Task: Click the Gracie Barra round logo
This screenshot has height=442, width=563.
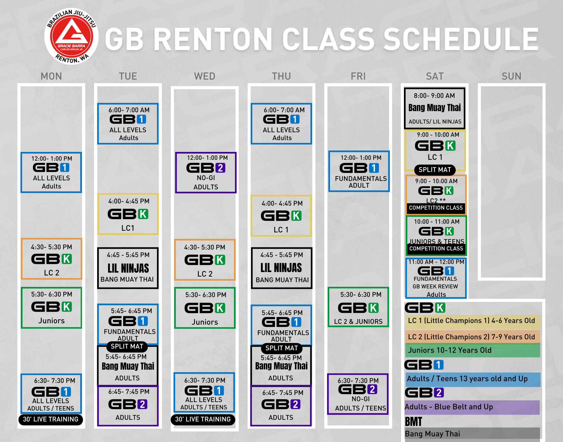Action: (x=71, y=36)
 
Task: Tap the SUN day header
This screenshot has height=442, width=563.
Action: (x=511, y=76)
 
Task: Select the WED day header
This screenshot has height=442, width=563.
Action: (x=205, y=76)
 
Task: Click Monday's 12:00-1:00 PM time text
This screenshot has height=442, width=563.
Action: (x=52, y=158)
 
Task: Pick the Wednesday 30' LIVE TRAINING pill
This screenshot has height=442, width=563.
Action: (x=203, y=419)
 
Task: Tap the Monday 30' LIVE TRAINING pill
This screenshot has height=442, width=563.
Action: (x=51, y=419)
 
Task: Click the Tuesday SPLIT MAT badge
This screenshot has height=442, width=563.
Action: (x=127, y=346)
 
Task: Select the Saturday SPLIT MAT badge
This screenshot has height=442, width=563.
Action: (x=435, y=170)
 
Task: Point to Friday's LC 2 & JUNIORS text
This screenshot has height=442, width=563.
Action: (x=358, y=321)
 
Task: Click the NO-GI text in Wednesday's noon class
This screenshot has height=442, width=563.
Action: (x=206, y=178)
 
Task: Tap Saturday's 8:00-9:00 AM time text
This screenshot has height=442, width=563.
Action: (x=434, y=96)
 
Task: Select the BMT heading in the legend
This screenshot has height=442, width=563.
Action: (x=413, y=422)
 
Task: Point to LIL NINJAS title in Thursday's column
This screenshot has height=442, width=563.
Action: (x=281, y=268)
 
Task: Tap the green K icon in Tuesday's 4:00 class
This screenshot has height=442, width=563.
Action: (x=143, y=214)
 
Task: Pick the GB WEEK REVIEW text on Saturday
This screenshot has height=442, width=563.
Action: (x=435, y=286)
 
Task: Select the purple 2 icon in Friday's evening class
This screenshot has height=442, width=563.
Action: (x=372, y=389)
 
